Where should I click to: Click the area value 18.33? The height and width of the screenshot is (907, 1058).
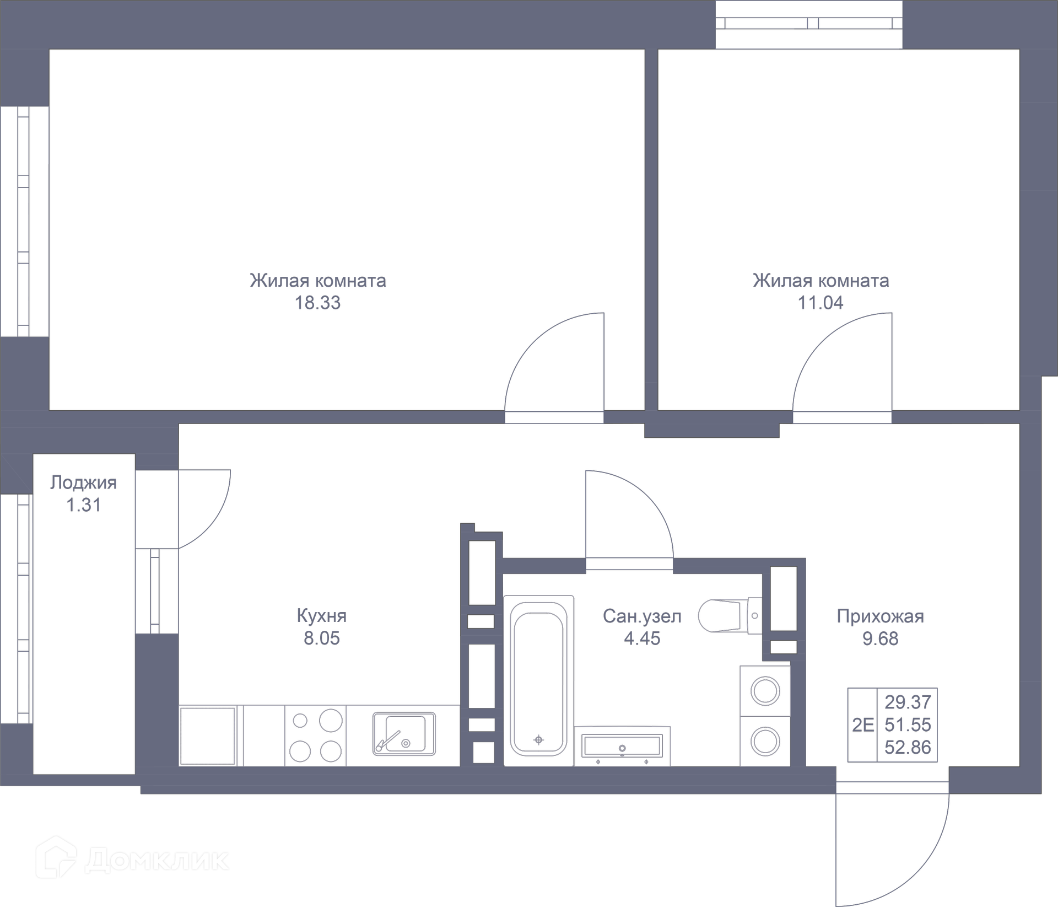[317, 303]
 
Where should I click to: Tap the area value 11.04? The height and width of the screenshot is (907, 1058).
[821, 303]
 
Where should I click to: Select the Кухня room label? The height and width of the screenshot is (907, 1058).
[321, 615]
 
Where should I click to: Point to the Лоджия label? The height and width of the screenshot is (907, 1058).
[83, 482]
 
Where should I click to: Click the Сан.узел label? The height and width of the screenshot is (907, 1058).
[642, 616]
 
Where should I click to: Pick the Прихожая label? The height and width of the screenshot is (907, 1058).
[880, 616]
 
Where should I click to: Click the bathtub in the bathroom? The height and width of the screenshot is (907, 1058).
[538, 680]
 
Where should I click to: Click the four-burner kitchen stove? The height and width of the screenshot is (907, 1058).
[316, 736]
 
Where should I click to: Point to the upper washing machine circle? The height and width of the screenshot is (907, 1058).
[765, 691]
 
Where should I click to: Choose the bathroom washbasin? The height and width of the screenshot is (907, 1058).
[622, 746]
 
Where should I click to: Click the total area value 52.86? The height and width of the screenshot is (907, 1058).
[908, 747]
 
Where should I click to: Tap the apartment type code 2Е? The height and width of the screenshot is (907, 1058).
[862, 724]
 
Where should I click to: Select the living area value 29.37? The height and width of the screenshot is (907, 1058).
[908, 702]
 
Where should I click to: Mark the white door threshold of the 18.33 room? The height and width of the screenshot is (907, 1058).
[554, 417]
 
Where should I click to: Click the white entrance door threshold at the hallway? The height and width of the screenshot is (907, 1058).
[892, 787]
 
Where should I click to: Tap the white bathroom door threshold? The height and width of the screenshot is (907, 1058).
[629, 563]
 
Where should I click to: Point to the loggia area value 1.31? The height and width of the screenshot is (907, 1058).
[83, 505]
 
